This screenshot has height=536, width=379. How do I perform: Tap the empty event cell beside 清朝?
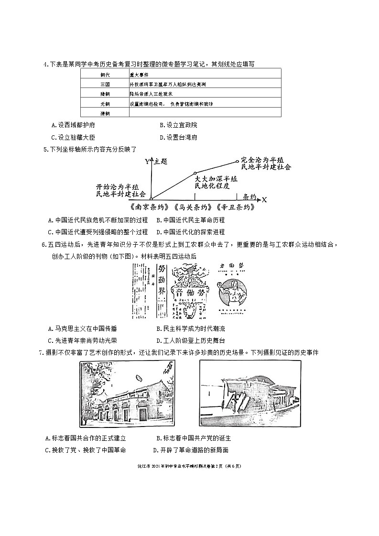coord(205,113)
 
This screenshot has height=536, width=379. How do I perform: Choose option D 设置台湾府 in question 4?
coord(178,137)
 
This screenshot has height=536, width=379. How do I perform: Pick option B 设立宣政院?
coord(178,125)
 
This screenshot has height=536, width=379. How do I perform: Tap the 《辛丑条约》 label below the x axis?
coord(235,208)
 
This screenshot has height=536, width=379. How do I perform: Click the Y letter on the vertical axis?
coord(147,162)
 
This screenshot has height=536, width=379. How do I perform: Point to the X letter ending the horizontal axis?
coord(264,199)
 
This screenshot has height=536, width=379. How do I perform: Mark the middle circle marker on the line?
coord(195,174)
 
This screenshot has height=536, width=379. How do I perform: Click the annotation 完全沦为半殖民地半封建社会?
coord(266,163)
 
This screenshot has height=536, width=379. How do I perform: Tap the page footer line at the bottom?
coord(189,466)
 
